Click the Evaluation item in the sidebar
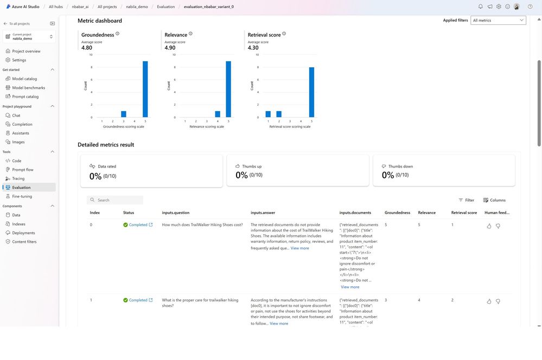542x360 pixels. [21, 187]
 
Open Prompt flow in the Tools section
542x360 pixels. [22, 170]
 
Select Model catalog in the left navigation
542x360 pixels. [24, 79]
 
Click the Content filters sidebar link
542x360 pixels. [24, 242]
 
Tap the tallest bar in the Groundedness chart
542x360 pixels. [145, 89]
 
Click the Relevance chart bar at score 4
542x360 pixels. [218, 114]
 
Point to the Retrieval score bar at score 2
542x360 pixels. [278, 114]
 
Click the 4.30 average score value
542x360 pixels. [253, 48]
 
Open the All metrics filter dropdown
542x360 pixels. [498, 21]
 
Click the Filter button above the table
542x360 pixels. [466, 200]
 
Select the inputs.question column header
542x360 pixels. [175, 213]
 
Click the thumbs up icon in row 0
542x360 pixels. [489, 226]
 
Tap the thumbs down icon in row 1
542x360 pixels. [498, 301]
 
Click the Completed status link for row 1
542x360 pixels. [138, 300]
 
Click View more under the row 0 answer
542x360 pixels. [299, 248]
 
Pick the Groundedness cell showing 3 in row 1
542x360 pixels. [386, 300]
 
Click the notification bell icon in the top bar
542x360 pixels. [480, 7]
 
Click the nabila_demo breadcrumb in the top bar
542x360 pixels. [138, 7]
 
